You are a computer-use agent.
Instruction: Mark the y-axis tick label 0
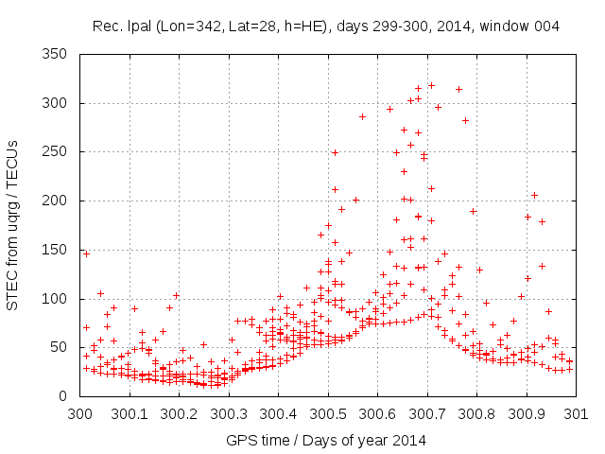point(70,396)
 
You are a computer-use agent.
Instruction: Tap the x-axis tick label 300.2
point(180,413)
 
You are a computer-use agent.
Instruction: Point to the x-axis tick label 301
point(576,413)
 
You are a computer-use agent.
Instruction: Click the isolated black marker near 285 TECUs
point(362,116)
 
